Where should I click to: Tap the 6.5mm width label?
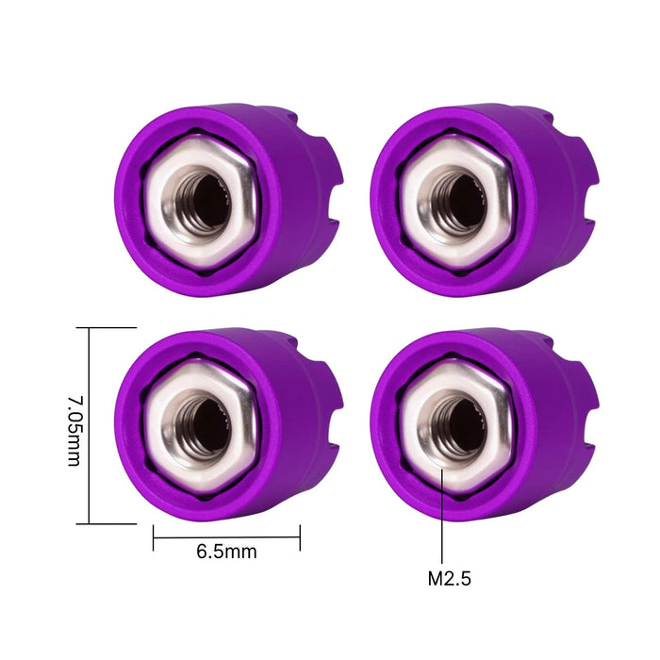(226, 552)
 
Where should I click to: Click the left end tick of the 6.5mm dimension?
(153, 538)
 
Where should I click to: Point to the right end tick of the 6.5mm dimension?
(300, 538)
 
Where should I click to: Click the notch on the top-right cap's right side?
(590, 189)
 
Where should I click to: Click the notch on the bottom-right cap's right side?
(590, 415)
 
